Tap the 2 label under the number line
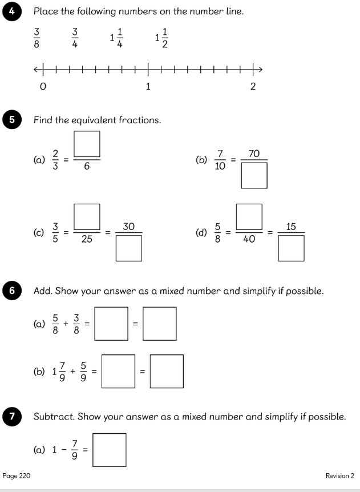[x=253, y=87]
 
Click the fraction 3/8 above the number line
[x=37, y=38]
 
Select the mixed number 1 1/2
[x=161, y=38]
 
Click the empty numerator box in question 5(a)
[x=87, y=144]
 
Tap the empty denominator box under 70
[x=254, y=175]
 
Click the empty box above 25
[x=87, y=217]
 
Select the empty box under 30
[x=128, y=248]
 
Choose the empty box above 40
[x=249, y=217]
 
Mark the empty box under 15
[x=291, y=248]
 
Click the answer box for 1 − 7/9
[x=109, y=450]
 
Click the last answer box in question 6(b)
[x=167, y=372]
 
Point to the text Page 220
[x=17, y=475]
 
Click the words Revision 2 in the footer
[x=339, y=475]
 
